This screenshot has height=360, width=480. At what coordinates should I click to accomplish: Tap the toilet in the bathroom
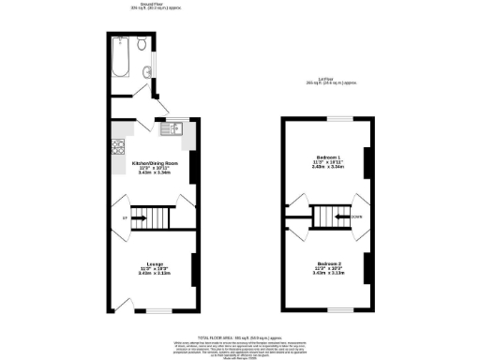(x=140, y=44)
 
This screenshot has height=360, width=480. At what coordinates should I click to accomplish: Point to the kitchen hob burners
(x=118, y=146)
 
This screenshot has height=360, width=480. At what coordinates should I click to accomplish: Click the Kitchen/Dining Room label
(x=150, y=162)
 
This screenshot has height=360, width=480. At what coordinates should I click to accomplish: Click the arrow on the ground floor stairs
(x=138, y=220)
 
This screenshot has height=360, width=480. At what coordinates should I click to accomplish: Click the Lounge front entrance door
(x=119, y=305)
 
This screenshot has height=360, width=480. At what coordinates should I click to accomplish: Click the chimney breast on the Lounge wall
(x=193, y=270)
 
